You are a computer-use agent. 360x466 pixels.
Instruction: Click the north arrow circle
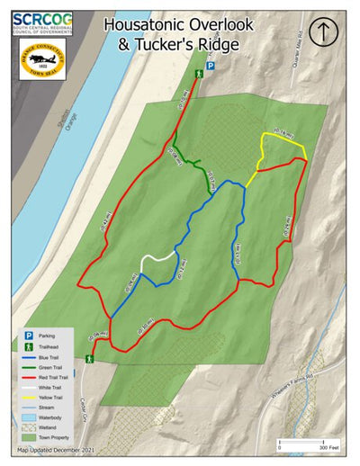tap(323, 32)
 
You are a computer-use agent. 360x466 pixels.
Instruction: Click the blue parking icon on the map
tap(211, 66)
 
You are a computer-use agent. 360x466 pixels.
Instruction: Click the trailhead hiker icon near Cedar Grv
tap(89, 359)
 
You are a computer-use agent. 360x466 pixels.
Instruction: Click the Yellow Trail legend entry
tap(49, 397)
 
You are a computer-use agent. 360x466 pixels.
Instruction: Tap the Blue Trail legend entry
tap(49, 356)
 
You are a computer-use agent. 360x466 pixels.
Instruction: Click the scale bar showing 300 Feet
tap(306, 443)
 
